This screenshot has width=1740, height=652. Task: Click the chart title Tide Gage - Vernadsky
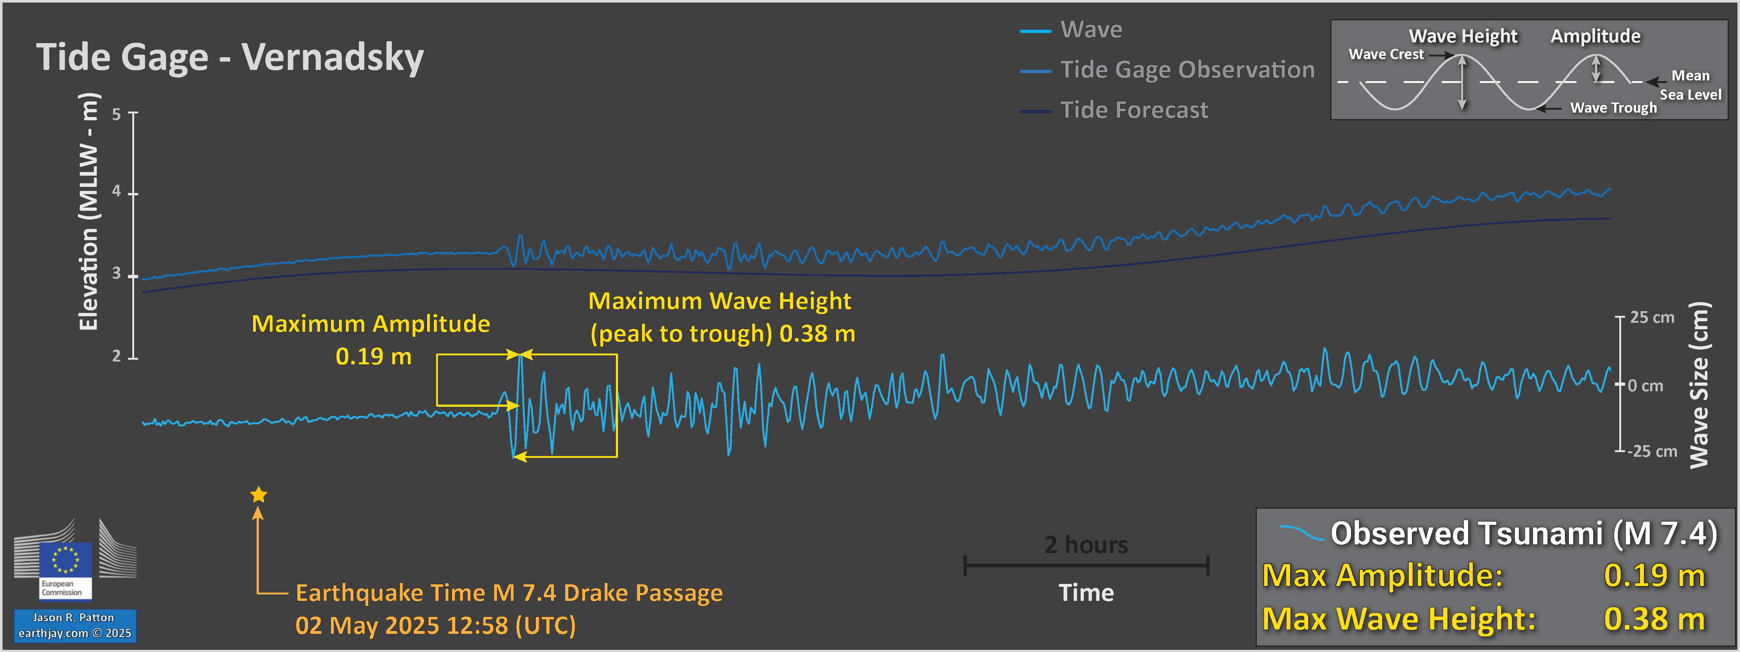[x=230, y=57]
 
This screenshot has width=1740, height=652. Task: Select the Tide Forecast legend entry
[x=1134, y=110]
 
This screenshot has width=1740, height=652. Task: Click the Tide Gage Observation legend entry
[x=1187, y=70]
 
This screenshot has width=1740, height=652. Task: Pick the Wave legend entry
[x=1091, y=30]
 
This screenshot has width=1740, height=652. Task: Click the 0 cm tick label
[x=1645, y=386]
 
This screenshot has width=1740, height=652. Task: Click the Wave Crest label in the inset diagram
[x=1385, y=55]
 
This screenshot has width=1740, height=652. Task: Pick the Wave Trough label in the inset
[x=1613, y=108]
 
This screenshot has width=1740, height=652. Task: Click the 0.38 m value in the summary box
[x=1654, y=619]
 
